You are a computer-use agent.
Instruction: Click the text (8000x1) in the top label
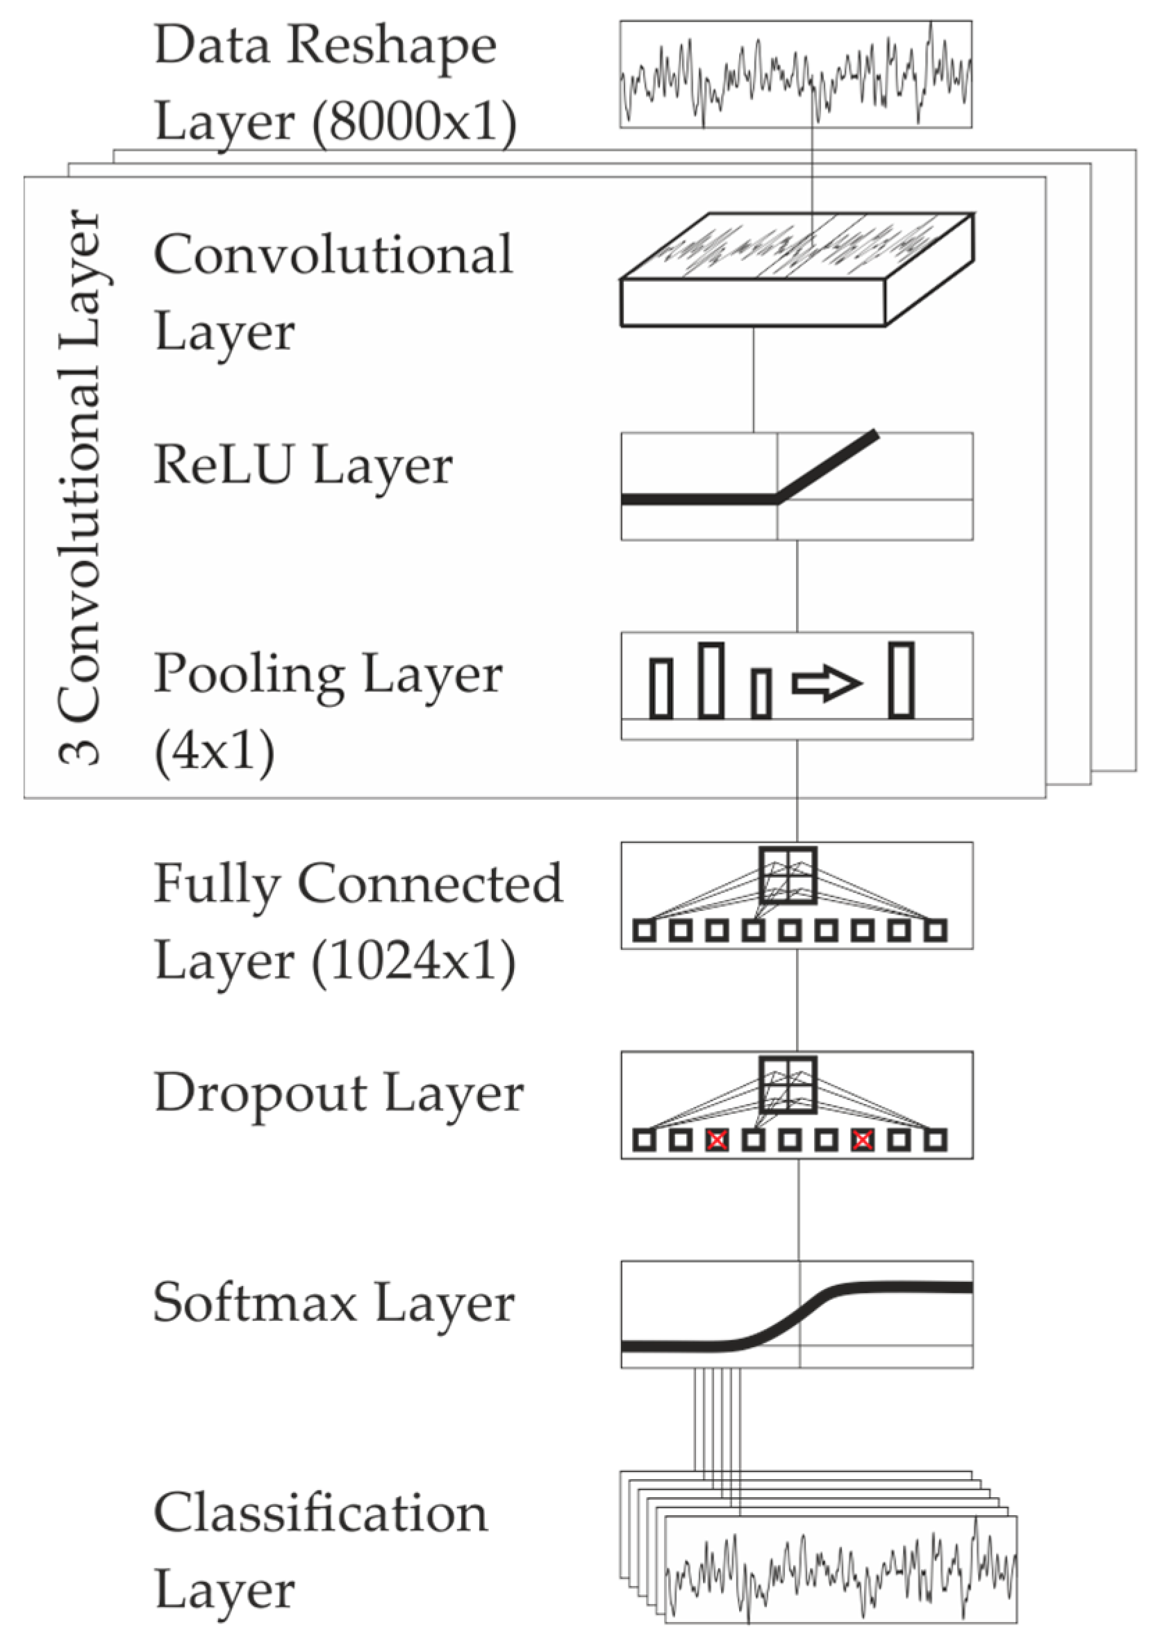(x=413, y=122)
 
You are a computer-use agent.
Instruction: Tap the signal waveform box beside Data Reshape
(x=795, y=74)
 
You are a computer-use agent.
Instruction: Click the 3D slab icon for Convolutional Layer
(x=795, y=269)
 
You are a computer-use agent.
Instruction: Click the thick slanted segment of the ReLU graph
(x=828, y=466)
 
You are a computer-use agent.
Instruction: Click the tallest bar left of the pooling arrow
(x=711, y=680)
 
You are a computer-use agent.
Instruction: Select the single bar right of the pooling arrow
(x=901, y=680)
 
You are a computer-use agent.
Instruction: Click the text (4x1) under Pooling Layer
(x=214, y=751)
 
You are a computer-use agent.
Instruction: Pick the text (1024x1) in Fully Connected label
(x=413, y=961)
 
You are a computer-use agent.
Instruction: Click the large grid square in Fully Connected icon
(x=788, y=875)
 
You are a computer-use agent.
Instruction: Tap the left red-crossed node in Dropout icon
(x=717, y=1140)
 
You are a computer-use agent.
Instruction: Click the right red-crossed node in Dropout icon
(x=862, y=1140)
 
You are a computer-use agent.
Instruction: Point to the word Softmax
(x=254, y=1302)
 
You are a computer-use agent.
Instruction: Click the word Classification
(x=320, y=1512)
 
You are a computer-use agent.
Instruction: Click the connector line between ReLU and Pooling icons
(x=797, y=586)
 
